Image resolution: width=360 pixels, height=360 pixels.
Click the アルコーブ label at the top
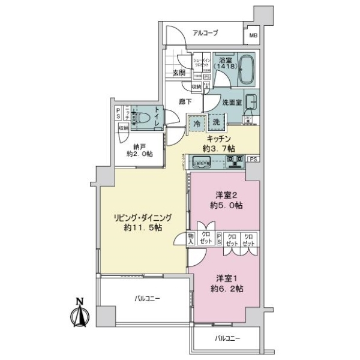pyautogui.click(x=205, y=34)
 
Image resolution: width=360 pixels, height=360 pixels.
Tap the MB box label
pyautogui.click(x=254, y=35)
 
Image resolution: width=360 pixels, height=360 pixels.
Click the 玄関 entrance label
pyautogui.click(x=178, y=73)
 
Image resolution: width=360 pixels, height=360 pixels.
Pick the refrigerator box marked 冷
pyautogui.click(x=197, y=122)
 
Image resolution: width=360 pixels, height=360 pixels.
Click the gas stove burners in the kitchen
pyautogui.click(x=233, y=160)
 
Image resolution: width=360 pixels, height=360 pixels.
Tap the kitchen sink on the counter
pyautogui.click(x=202, y=161)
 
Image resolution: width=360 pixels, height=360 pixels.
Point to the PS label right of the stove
pyautogui.click(x=254, y=159)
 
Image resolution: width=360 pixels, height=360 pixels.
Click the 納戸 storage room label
pyautogui.click(x=139, y=146)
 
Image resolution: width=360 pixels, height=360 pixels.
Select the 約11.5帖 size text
pyautogui.click(x=142, y=229)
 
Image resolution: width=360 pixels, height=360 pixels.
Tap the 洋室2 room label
pyautogui.click(x=226, y=195)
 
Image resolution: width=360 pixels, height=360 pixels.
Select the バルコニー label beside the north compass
pyautogui.click(x=146, y=298)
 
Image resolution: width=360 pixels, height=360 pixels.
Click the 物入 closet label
pyautogui.click(x=191, y=238)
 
